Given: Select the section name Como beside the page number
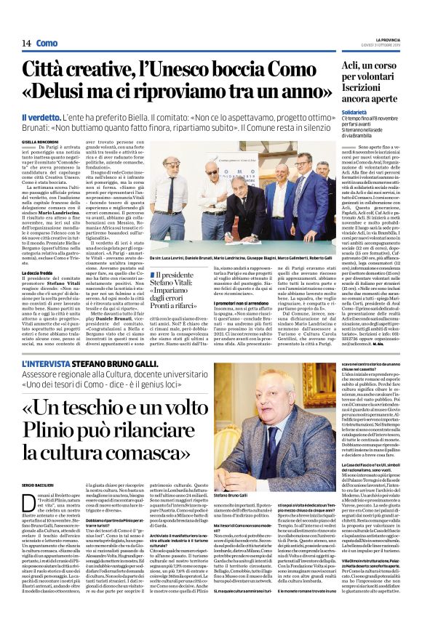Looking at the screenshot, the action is tap(47, 44).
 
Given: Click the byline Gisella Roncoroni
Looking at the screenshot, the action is tap(41, 142).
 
